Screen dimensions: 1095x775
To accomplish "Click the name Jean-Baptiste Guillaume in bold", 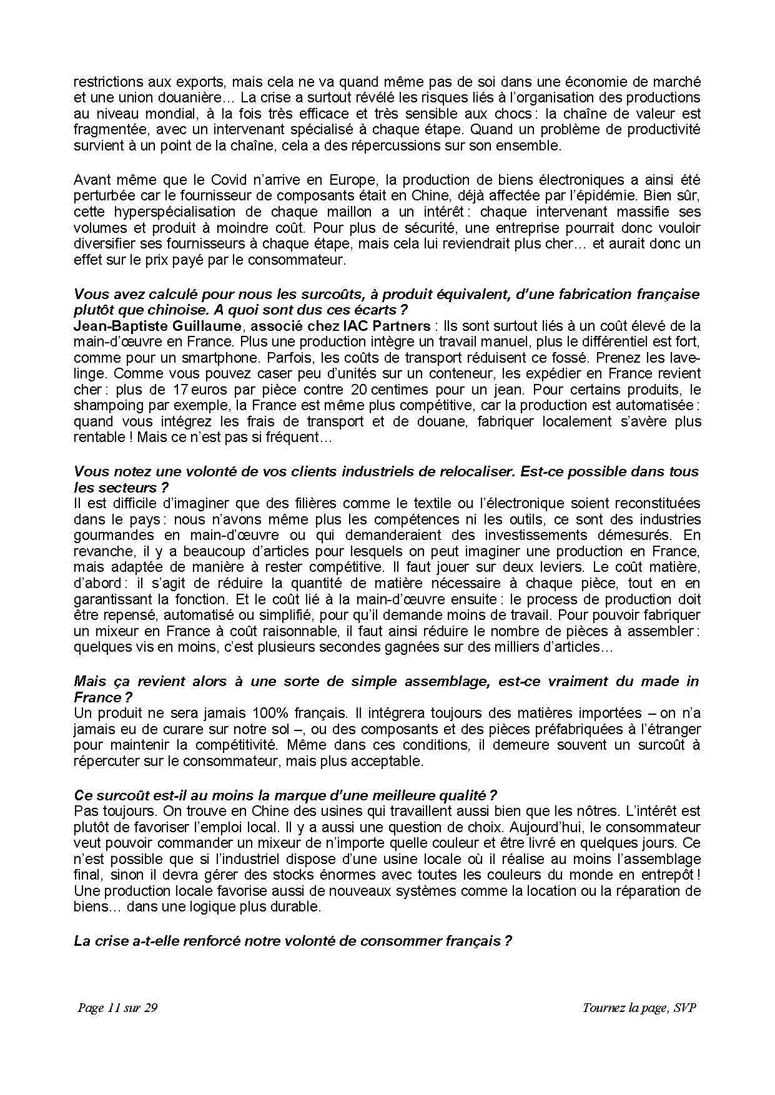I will click(157, 326).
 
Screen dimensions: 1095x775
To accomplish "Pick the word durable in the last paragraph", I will click(294, 907).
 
